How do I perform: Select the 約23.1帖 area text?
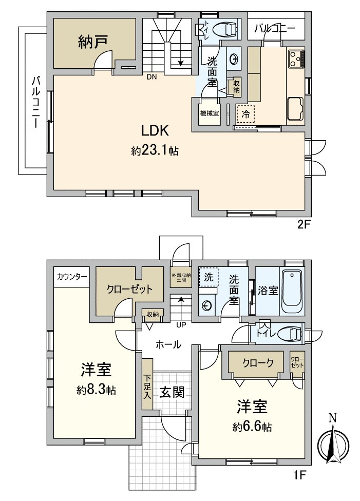tap(155, 151)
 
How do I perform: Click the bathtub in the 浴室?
tap(293, 291)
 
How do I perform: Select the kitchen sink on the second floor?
tap(295, 108)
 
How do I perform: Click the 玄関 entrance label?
tap(170, 392)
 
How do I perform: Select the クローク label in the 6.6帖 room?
tap(256, 363)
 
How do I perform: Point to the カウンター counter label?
tap(71, 276)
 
